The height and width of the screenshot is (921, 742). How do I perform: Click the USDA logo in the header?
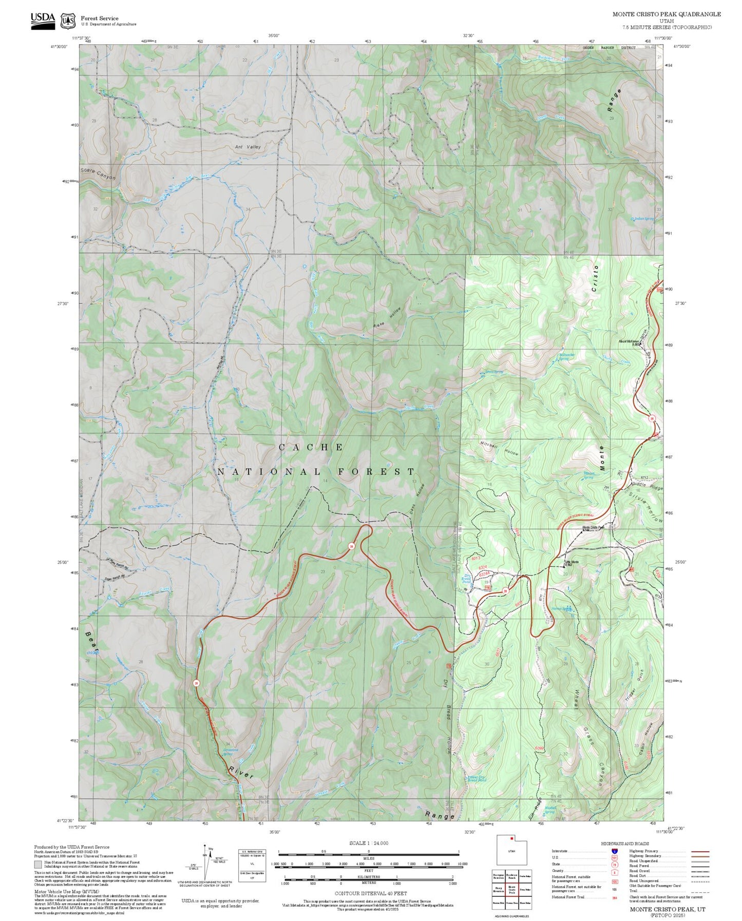tap(43, 21)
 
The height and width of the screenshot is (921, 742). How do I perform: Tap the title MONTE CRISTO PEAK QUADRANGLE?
tap(666, 14)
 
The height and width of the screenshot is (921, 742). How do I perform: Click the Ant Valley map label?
tap(248, 147)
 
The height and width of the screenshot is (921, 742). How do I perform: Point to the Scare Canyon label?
tap(98, 174)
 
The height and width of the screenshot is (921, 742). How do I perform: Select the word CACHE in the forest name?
tap(311, 447)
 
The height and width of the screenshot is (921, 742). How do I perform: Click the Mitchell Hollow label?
tap(499, 448)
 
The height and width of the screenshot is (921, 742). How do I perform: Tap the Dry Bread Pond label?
tap(466, 579)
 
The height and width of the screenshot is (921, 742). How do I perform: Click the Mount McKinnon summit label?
tap(629, 342)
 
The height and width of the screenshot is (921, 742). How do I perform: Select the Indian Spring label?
tap(643, 219)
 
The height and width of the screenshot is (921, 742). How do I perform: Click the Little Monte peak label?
tap(572, 563)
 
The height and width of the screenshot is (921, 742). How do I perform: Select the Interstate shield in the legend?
tap(614, 851)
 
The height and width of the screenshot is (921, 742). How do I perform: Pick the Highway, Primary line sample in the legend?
tap(700, 851)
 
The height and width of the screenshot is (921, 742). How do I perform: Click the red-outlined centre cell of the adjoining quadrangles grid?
tap(511, 890)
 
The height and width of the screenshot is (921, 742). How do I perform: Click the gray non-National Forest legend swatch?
tap(38, 864)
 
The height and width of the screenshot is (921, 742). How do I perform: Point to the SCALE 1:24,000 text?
tap(368, 843)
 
